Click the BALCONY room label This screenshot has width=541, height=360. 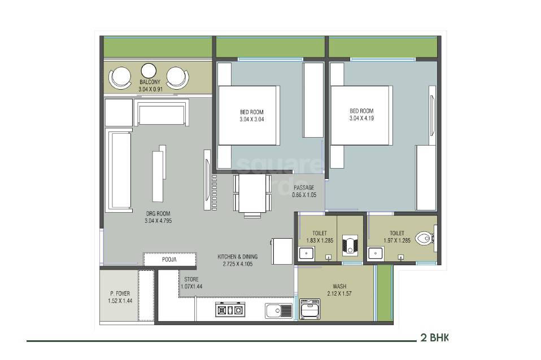tap(150, 82)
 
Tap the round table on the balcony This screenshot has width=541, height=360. tap(149, 71)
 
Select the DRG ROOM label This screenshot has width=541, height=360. tap(158, 213)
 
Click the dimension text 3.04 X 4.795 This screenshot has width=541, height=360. tap(158, 221)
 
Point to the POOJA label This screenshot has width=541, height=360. tap(169, 260)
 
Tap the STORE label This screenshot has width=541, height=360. tap(191, 279)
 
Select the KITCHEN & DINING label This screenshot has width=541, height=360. tap(237, 257)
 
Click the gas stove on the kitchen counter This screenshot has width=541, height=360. tap(229, 310)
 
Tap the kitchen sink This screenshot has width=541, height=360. tap(278, 310)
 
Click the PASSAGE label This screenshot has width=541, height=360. tap(304, 188)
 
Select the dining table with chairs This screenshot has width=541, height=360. tap(249, 195)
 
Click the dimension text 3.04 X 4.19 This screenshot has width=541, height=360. tap(361, 118)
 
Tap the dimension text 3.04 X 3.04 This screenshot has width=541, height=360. tap(251, 120)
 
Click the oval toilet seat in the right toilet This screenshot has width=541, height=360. tap(422, 239)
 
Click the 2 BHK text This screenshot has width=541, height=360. tap(434, 338)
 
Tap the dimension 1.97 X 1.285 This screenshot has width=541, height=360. tap(396, 240)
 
